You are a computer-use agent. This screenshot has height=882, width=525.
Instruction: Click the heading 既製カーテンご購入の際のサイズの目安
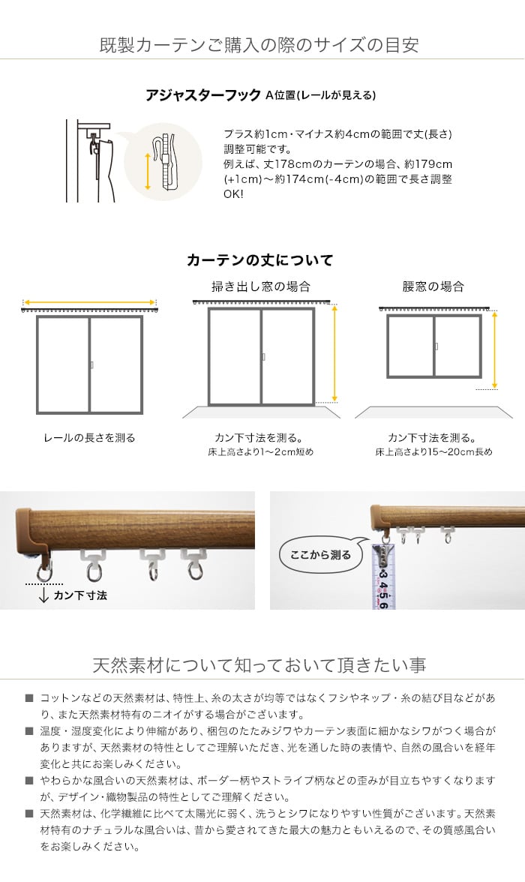point(259,45)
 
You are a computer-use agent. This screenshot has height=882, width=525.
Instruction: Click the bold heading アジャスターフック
point(203,95)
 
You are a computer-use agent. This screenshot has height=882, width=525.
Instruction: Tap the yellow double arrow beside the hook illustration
point(148,170)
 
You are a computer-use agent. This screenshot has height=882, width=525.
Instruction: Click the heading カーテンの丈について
point(260,259)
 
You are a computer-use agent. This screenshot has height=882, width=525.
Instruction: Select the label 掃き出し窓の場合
point(260,286)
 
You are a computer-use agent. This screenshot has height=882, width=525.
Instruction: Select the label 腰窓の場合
point(433,286)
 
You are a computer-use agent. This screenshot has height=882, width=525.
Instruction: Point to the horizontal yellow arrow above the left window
point(89,303)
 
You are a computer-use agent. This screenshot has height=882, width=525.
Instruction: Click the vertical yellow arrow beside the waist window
point(494,349)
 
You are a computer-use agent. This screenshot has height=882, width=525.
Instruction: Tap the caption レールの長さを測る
point(89,438)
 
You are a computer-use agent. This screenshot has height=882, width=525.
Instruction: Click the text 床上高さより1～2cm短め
point(260,451)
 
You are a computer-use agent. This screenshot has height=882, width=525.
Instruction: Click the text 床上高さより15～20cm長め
point(433,451)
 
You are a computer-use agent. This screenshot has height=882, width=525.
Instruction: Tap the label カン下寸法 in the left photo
point(80,595)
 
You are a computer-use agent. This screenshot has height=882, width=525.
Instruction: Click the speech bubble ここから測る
point(320,555)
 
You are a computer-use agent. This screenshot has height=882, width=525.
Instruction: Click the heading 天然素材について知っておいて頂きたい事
point(259,665)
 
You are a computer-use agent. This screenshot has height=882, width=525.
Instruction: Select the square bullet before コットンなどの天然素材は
point(29,698)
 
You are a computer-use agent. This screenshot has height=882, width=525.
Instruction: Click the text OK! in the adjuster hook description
point(233,195)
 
